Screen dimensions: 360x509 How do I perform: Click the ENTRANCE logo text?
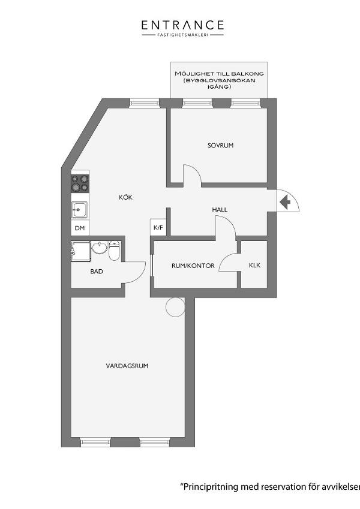(x=182, y=25)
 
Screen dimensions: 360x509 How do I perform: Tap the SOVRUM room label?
(x=221, y=146)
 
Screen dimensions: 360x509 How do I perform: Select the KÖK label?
(x=126, y=197)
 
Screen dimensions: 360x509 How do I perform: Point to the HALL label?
(x=220, y=210)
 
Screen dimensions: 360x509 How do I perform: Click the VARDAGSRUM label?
(x=127, y=366)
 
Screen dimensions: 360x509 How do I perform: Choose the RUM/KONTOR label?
(x=193, y=266)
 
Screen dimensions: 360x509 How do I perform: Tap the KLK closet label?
(x=254, y=265)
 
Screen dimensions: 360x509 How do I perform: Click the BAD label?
(x=97, y=272)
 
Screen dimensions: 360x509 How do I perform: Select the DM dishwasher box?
(x=80, y=228)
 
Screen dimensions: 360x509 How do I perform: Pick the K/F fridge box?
(x=158, y=227)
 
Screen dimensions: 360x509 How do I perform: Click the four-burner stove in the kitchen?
(x=80, y=183)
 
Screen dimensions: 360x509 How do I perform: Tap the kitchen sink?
(x=79, y=210)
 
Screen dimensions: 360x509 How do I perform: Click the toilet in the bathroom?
(x=114, y=251)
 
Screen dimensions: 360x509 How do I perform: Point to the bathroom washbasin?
(x=100, y=248)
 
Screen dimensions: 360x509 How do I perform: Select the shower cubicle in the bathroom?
(x=80, y=251)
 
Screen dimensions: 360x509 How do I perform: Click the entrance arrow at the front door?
(x=285, y=203)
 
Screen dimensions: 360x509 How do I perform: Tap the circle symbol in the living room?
(x=175, y=307)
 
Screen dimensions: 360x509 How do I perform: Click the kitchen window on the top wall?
(x=145, y=103)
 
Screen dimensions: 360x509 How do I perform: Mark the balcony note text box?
(x=219, y=80)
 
